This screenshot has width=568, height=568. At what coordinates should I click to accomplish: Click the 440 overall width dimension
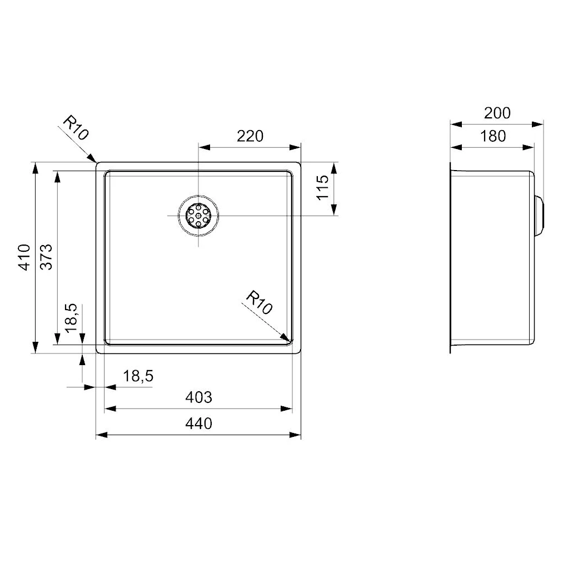click(198, 423)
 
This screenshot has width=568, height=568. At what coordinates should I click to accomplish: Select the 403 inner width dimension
click(198, 398)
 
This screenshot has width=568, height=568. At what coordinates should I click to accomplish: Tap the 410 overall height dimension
click(24, 257)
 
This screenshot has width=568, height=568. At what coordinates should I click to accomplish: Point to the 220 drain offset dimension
click(250, 136)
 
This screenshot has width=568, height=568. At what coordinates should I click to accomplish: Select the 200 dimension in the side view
click(496, 113)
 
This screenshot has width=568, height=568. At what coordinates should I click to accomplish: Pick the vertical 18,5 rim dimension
click(71, 318)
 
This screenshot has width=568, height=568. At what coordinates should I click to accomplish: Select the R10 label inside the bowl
click(259, 303)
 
